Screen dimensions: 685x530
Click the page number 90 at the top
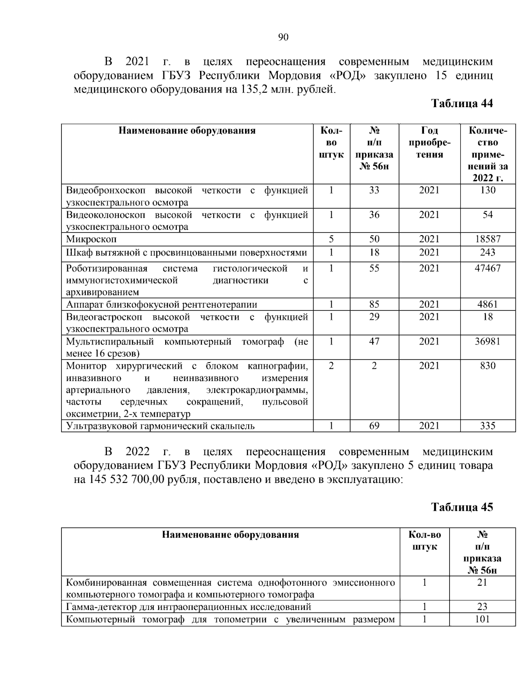[x=283, y=37]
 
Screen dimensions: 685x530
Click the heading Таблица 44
[x=462, y=104]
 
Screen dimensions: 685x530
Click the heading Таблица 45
[x=462, y=507]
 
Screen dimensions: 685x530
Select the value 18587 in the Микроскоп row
[x=488, y=240]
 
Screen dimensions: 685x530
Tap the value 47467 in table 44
[x=488, y=269]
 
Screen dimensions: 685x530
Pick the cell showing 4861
[x=488, y=304]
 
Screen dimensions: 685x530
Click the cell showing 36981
[x=488, y=341]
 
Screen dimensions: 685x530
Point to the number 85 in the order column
[x=374, y=304]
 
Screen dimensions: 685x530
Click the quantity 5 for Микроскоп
[x=331, y=240]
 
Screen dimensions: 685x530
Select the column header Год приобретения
[x=429, y=142]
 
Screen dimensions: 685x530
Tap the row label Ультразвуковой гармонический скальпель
[x=160, y=426]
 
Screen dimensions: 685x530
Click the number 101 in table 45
[x=482, y=619]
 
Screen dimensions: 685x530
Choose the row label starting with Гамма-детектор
[x=189, y=607]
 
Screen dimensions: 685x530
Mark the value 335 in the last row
[x=488, y=426]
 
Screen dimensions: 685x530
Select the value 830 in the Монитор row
[x=488, y=366]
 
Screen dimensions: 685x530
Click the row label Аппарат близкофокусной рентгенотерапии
[x=162, y=305]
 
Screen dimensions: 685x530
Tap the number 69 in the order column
[x=374, y=426]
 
